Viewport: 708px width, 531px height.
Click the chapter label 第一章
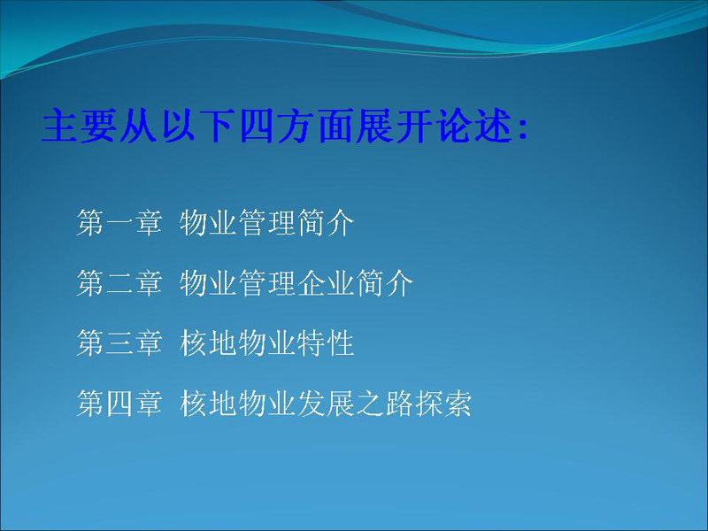coord(119,223)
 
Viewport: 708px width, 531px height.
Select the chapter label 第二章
coord(119,282)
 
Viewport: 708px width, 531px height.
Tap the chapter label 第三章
coord(119,342)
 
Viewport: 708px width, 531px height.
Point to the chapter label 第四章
coord(119,403)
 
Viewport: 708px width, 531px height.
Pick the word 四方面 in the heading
coord(297,126)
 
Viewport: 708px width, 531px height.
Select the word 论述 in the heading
coord(474,126)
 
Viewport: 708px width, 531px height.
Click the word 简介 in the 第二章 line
coord(385,282)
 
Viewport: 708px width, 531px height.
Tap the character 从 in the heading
coord(139,126)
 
